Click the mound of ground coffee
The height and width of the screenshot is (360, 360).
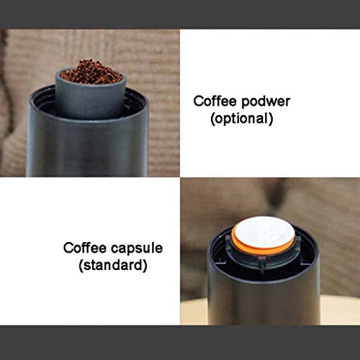91,73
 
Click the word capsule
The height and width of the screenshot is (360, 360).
138,248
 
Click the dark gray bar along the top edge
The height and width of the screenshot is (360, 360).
180,14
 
